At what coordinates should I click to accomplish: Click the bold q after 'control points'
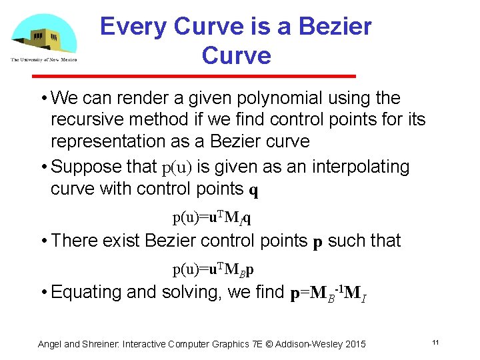point(253,191)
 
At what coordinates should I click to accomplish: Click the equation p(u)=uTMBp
point(213,269)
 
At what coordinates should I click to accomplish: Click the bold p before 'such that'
point(318,241)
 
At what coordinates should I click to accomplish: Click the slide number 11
point(435,343)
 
